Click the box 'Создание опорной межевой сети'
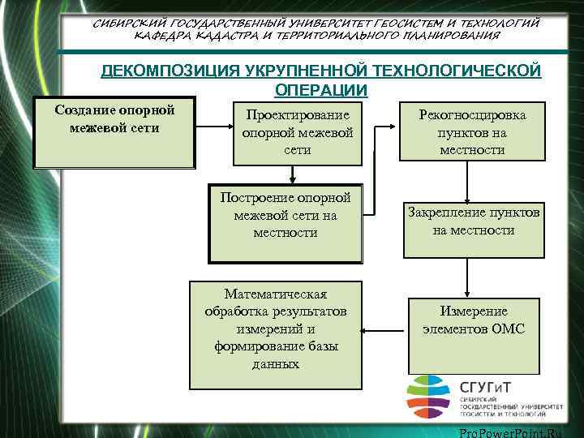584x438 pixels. click(x=114, y=134)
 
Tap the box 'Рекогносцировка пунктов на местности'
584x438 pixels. click(x=472, y=132)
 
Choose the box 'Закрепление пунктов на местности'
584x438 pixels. click(x=474, y=229)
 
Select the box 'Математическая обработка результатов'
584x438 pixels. click(x=276, y=329)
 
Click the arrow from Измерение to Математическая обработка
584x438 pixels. click(x=383, y=330)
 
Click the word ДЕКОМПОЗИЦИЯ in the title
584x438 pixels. click(x=169, y=71)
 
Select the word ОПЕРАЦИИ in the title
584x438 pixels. click(x=321, y=90)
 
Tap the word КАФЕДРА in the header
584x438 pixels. click(x=165, y=36)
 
